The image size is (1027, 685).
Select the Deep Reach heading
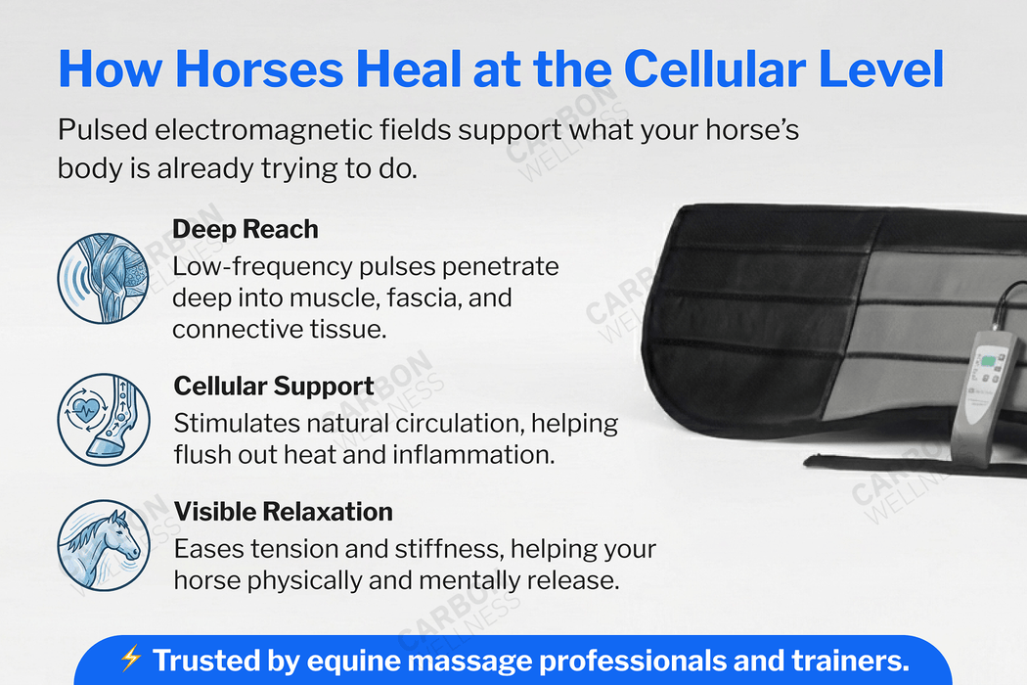point(246,229)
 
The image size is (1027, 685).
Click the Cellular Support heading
point(274,386)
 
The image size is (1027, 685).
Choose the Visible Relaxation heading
point(284,511)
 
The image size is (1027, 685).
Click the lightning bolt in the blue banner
point(131,658)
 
